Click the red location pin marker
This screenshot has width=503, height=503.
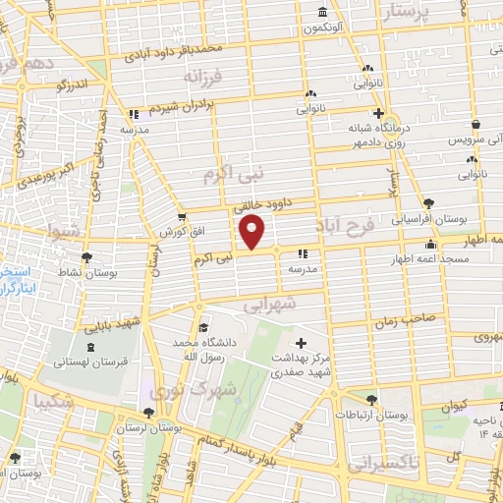click(x=253, y=233)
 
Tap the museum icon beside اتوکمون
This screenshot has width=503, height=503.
click(x=323, y=12)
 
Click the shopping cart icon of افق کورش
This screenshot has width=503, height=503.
click(x=182, y=218)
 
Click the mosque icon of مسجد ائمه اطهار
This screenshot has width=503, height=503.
click(x=429, y=245)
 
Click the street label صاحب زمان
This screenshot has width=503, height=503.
click(x=401, y=322)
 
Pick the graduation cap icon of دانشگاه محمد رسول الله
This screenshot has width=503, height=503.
click(x=202, y=328)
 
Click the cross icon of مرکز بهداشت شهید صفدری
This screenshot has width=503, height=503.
click(x=301, y=342)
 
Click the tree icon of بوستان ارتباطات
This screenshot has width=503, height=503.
click(x=370, y=399)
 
